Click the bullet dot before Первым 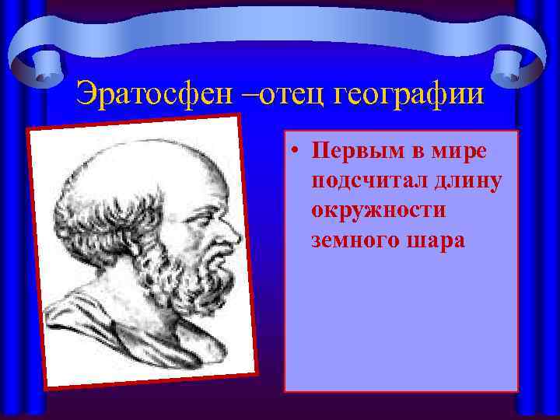coord(298,152)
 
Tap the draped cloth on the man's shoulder coord(117,327)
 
